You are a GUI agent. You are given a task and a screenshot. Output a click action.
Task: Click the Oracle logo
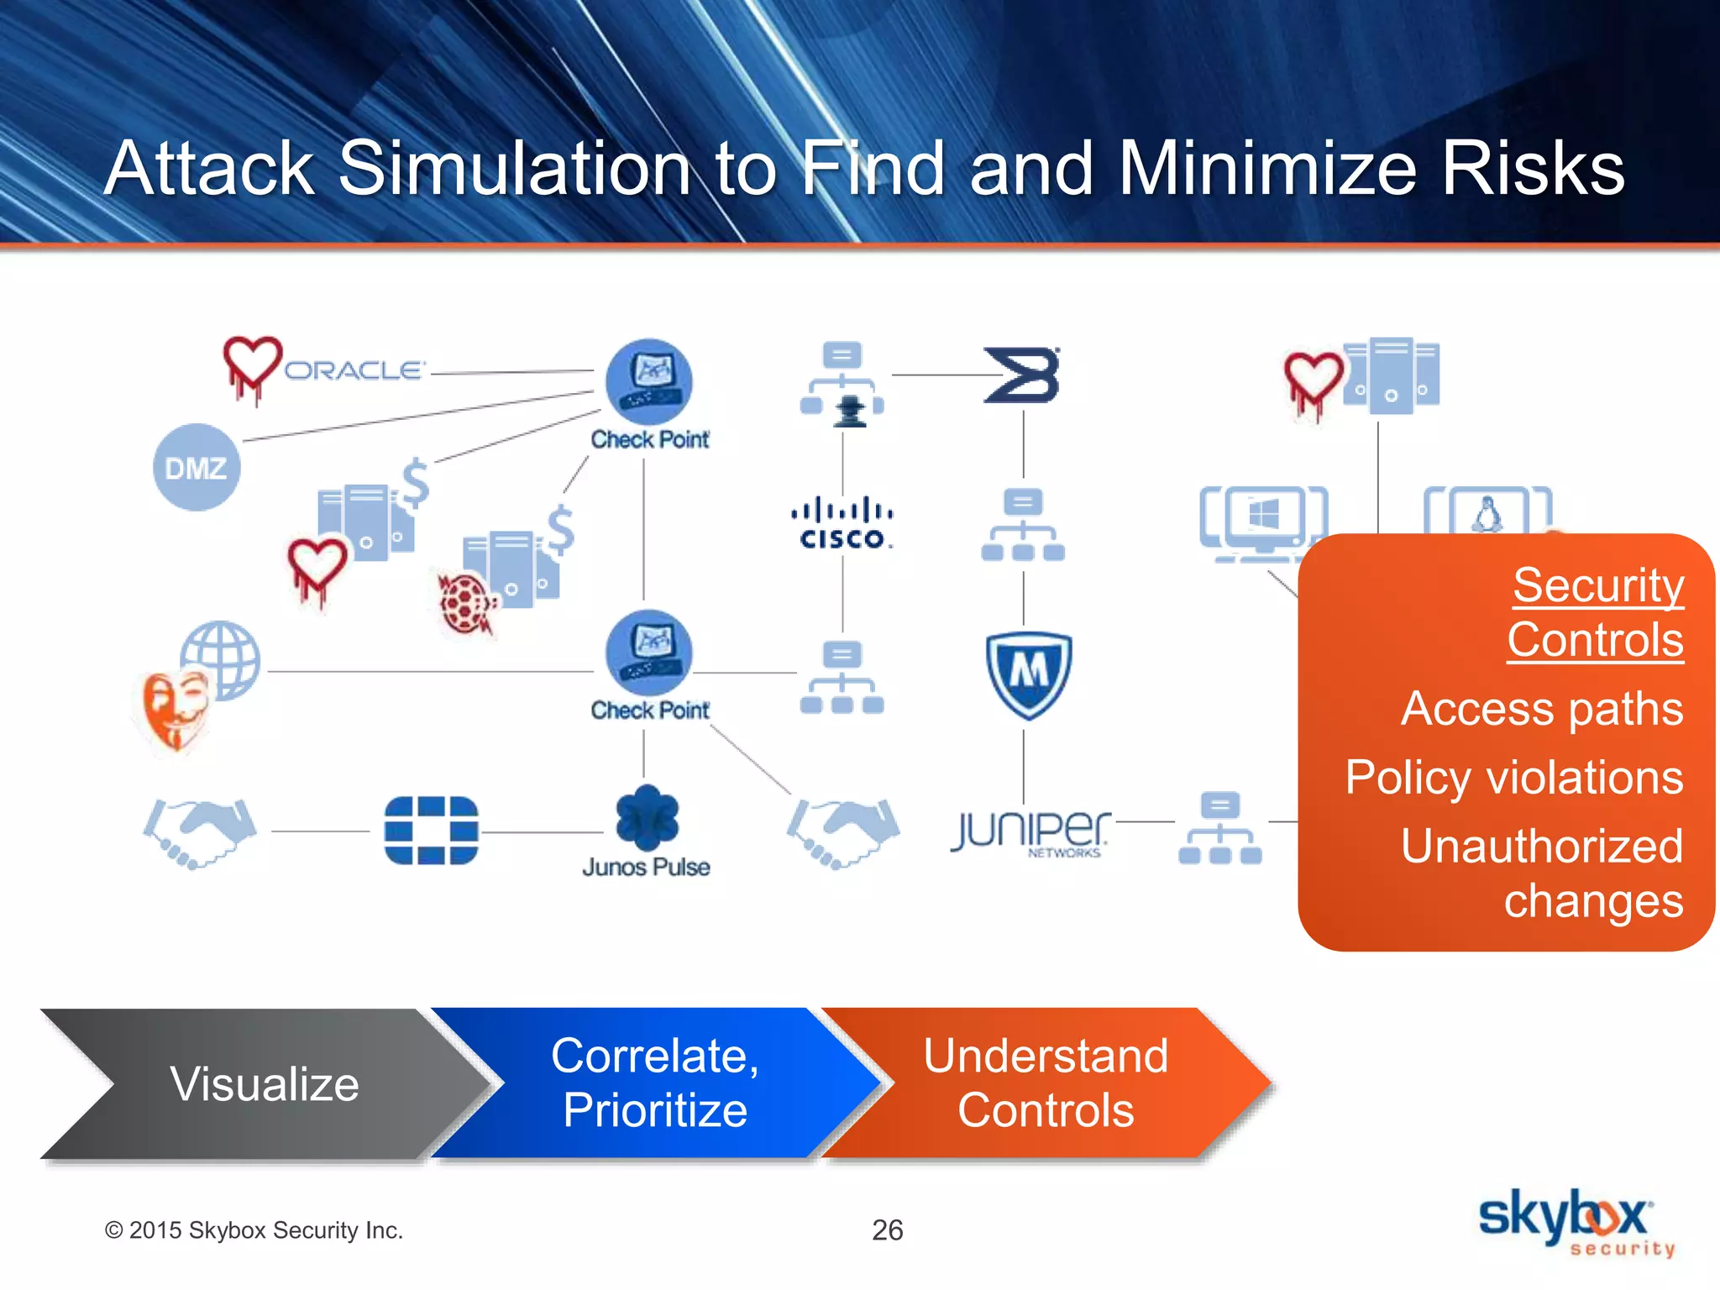[354, 370]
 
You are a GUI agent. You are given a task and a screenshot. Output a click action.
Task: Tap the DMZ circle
[197, 467]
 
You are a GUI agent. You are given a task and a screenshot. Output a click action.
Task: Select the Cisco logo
[842, 524]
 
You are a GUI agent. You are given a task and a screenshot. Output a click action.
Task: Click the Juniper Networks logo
[1030, 831]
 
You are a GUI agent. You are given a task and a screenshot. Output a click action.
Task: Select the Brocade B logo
[1022, 375]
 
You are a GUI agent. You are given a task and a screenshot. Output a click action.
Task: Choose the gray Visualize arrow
[252, 1083]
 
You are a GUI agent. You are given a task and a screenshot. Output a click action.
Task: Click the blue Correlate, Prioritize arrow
[655, 1083]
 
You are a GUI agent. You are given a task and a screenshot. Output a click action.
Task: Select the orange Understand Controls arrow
[1046, 1083]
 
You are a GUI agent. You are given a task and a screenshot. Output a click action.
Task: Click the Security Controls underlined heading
[1596, 612]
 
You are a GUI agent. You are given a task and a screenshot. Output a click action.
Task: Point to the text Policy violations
[1513, 778]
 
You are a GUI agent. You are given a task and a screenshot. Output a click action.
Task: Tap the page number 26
[887, 1230]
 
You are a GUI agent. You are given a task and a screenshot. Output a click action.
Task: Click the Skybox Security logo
[1575, 1222]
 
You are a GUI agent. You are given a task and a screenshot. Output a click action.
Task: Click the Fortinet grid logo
[431, 831]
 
